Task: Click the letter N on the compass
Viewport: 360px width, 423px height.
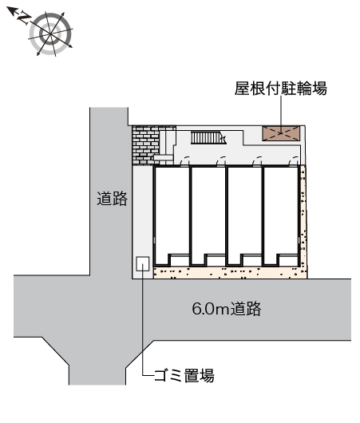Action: (24, 18)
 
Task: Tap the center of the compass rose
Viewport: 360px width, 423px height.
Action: (50, 34)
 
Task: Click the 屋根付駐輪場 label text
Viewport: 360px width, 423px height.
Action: (281, 89)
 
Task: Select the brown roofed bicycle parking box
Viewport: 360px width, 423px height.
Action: (281, 133)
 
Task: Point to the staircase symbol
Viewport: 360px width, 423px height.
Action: (208, 138)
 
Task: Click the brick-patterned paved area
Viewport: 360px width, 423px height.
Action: (146, 145)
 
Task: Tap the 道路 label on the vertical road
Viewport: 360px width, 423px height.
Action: (112, 199)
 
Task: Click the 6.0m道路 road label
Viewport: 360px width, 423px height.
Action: (227, 309)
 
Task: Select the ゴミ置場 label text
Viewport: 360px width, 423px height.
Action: (184, 375)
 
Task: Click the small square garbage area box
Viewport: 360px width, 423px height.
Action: (143, 264)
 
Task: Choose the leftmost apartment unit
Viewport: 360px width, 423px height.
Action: (172, 215)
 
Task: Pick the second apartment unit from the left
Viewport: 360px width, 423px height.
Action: (208, 215)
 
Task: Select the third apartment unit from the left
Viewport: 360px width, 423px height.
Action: (244, 215)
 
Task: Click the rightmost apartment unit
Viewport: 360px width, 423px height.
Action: (281, 215)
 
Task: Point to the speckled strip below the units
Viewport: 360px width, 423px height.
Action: (230, 273)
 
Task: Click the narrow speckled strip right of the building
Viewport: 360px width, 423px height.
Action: (303, 215)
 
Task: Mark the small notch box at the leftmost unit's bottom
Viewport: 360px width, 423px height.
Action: (179, 259)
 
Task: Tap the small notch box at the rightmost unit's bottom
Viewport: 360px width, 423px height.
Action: (288, 259)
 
